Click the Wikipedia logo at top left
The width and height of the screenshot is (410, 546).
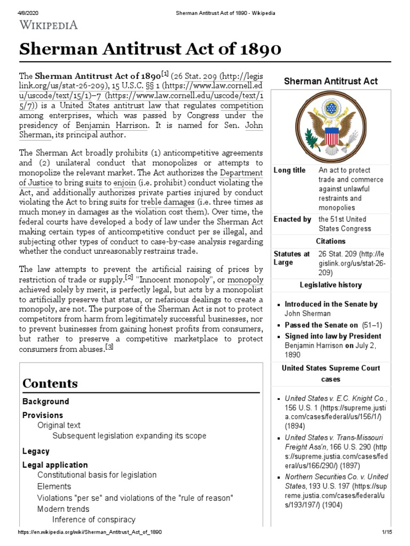tap(49, 24)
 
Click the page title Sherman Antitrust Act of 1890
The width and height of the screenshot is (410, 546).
tap(150, 50)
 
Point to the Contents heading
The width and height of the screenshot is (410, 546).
tap(50, 383)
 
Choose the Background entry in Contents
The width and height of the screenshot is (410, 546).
tap(45, 402)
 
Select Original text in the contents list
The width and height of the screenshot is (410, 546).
tap(59, 425)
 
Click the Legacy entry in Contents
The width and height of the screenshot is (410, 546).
tap(36, 451)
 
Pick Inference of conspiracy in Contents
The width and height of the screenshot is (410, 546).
tap(93, 519)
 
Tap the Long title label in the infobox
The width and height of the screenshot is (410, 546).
tap(289, 170)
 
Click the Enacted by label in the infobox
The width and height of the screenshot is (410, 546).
tap(292, 219)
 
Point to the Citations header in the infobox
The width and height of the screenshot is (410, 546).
tap(330, 241)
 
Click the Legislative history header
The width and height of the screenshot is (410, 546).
tap(330, 285)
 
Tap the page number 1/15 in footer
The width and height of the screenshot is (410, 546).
tap(387, 533)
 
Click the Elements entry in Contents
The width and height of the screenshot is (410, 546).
tap(54, 486)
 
